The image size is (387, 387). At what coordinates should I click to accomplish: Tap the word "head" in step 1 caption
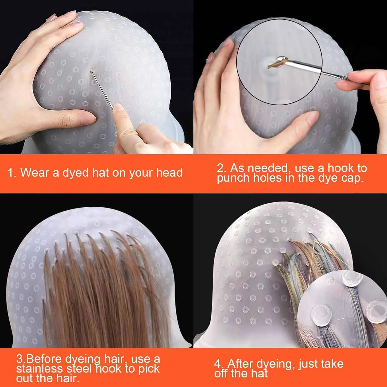click(170, 173)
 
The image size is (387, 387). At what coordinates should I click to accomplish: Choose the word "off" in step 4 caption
click(221, 373)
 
